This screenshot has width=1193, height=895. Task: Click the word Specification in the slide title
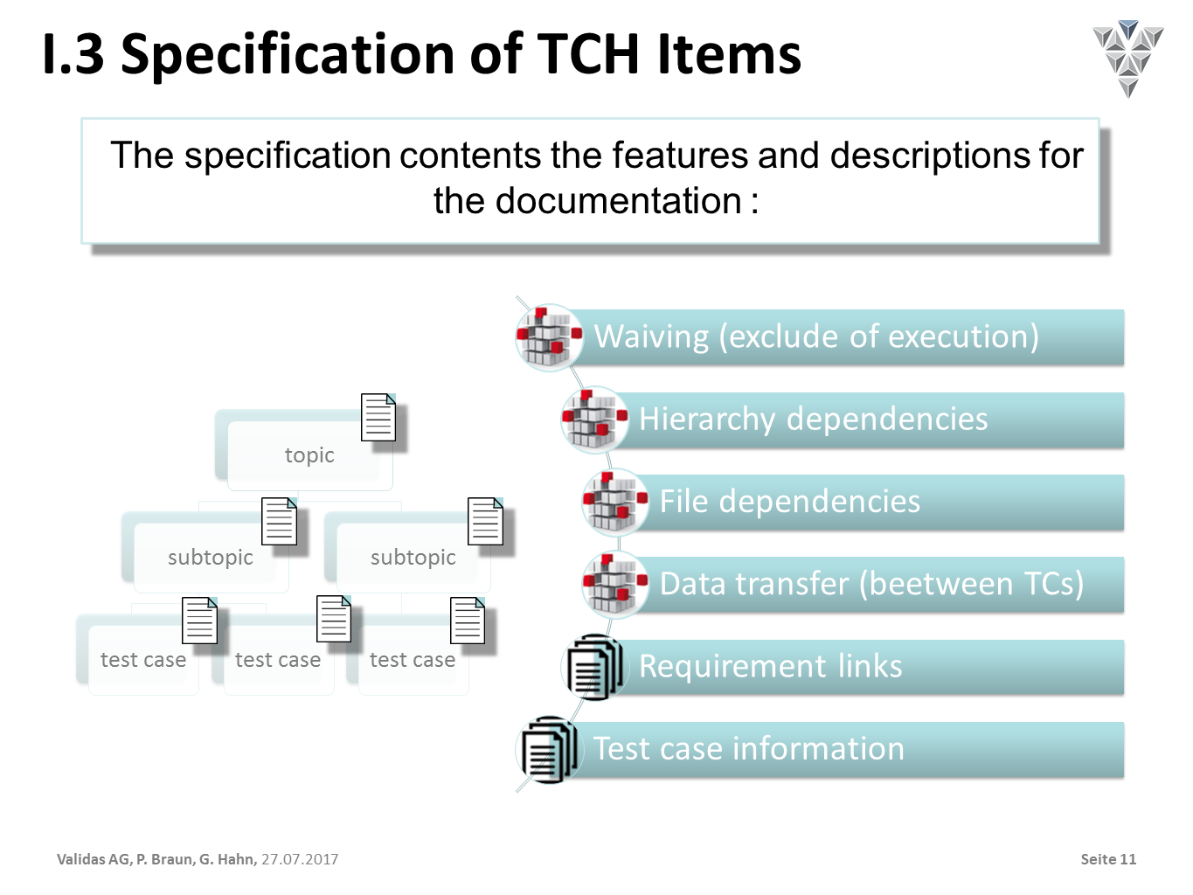pos(288,55)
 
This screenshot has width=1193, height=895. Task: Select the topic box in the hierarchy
pos(309,455)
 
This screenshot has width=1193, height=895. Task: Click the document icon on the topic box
pos(378,417)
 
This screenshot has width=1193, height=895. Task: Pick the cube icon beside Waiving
pos(550,337)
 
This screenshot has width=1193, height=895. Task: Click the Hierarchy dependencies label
pos(813,419)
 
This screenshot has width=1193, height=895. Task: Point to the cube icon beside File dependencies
pos(615,502)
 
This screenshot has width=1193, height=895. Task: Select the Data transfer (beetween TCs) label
pos(871,584)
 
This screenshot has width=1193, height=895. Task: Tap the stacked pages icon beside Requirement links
pos(594,667)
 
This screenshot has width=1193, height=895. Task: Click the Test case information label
pos(748,748)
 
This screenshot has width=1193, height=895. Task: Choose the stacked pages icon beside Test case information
pos(550,750)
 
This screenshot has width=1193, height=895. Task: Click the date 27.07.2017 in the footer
pos(300,859)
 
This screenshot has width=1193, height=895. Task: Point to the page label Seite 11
pos(1108,859)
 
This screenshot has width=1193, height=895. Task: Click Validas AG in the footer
pos(94,859)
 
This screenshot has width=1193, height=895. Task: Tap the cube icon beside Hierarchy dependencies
pos(594,420)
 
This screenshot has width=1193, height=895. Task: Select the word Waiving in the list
pos(651,336)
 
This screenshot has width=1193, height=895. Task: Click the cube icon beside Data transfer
pos(615,585)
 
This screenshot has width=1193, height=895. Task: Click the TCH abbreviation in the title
pos(589,55)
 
